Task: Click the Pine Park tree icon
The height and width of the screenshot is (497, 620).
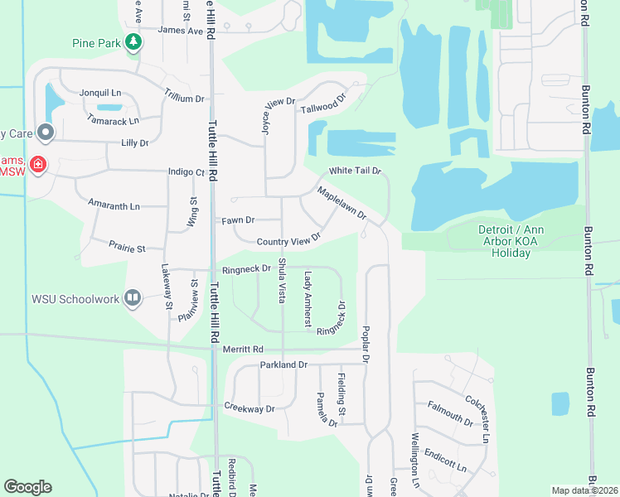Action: pyautogui.click(x=133, y=42)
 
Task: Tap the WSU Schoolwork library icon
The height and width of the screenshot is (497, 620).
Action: pyautogui.click(x=133, y=298)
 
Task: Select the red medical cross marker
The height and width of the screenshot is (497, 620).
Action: pyautogui.click(x=37, y=165)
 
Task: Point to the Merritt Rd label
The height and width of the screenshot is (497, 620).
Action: pyautogui.click(x=242, y=350)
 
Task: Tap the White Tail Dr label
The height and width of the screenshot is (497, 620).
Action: pyautogui.click(x=354, y=171)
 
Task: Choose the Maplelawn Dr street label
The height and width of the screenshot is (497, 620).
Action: pyautogui.click(x=341, y=203)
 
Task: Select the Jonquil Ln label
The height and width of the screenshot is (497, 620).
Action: pyautogui.click(x=100, y=94)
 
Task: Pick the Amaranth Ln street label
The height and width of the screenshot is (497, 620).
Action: pyautogui.click(x=114, y=205)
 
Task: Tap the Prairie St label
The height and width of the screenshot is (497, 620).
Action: pyautogui.click(x=127, y=248)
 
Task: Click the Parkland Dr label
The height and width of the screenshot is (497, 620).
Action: pyautogui.click(x=283, y=364)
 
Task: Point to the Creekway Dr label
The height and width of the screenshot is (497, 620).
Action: pyautogui.click(x=249, y=408)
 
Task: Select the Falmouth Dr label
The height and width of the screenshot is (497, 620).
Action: pyautogui.click(x=449, y=412)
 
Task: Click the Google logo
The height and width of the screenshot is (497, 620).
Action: pyautogui.click(x=27, y=487)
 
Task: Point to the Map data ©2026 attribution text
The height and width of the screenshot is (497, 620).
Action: pyautogui.click(x=584, y=490)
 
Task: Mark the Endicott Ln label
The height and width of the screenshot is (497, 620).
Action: pyautogui.click(x=443, y=458)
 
